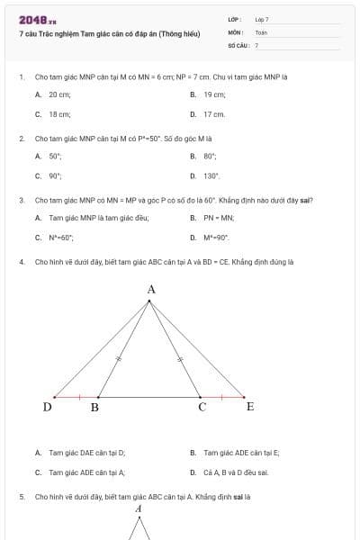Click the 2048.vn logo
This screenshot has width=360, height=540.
(38, 19)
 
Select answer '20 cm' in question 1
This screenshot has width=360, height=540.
(59, 94)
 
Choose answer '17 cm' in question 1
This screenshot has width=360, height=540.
(214, 114)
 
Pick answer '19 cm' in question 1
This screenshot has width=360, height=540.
(214, 94)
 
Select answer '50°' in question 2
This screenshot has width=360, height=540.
(55, 157)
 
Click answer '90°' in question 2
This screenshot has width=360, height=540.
(55, 176)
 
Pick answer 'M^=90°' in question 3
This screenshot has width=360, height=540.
(217, 238)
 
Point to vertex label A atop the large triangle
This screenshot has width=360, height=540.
(150, 290)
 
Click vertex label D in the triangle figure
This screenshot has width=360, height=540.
(47, 407)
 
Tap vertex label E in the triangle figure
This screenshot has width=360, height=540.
(250, 407)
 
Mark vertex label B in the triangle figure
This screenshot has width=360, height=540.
(94, 408)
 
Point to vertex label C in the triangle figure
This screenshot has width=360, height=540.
(202, 408)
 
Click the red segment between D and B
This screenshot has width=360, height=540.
(76, 397)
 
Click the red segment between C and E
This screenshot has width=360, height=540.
(222, 397)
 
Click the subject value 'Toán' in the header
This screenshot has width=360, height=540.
(261, 31)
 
